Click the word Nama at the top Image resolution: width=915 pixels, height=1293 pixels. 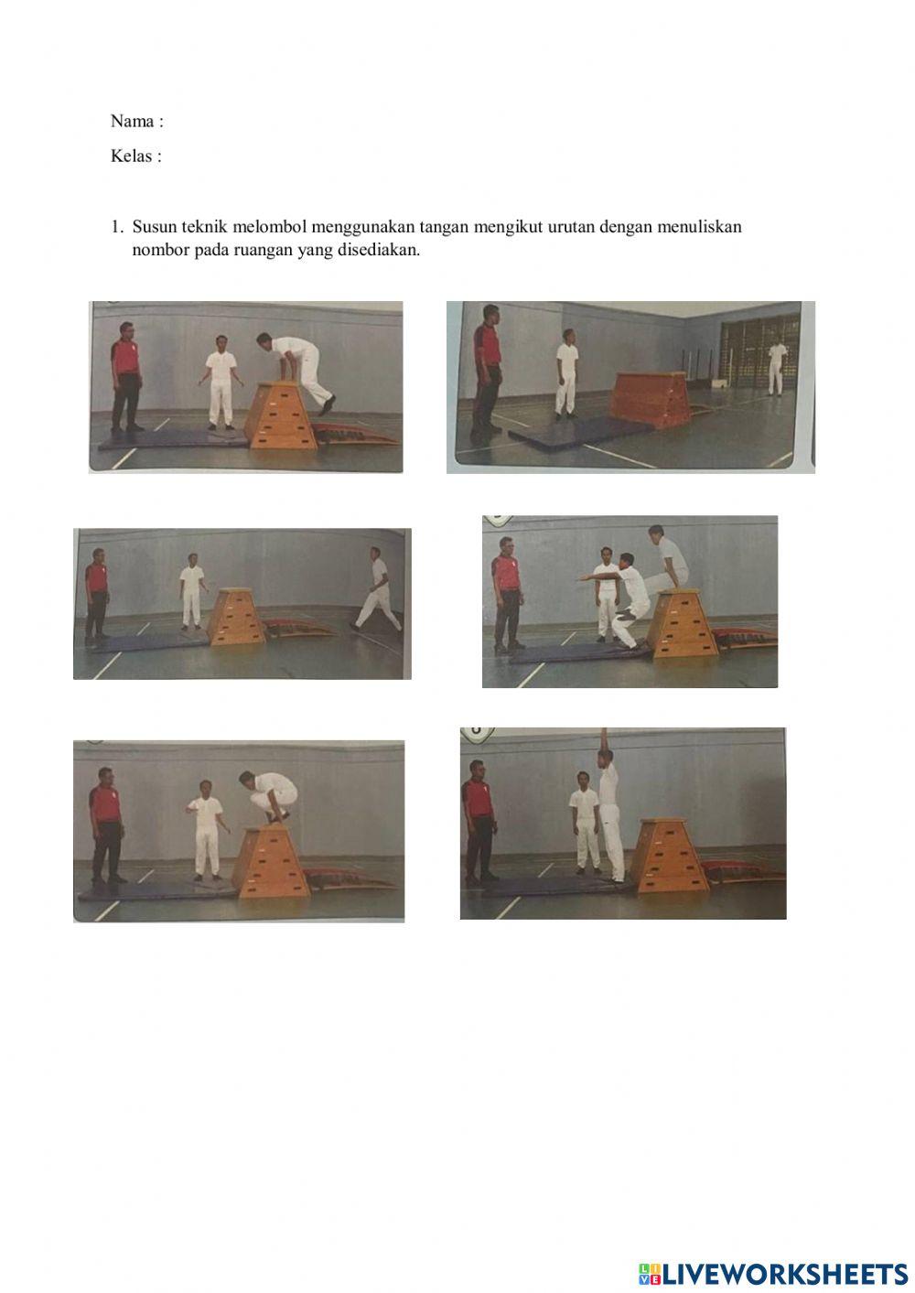132,121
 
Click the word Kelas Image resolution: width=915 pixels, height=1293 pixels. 131,156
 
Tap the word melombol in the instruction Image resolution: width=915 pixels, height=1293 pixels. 270,227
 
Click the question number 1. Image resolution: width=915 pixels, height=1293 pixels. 116,227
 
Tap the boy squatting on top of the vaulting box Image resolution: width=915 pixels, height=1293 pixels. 269,796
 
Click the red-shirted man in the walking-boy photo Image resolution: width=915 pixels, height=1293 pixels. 96,592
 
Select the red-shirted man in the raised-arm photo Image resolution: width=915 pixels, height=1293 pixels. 478,823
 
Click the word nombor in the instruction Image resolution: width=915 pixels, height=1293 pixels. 160,250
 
